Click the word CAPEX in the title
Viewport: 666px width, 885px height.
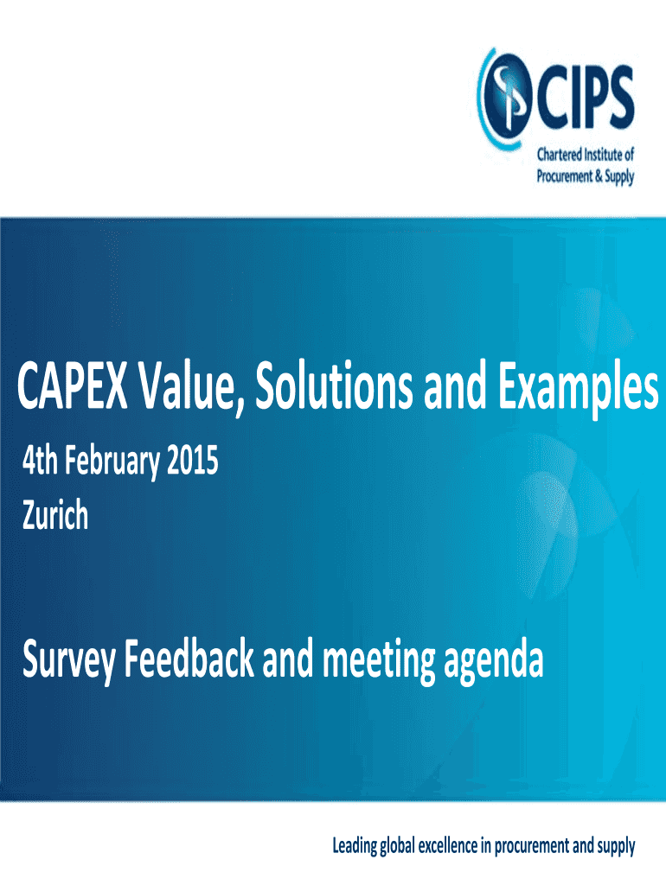[x=73, y=386]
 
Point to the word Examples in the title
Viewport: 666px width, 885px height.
[x=578, y=391]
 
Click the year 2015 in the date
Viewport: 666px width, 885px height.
[x=193, y=461]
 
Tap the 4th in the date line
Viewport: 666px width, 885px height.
[x=40, y=461]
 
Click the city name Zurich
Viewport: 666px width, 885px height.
[x=55, y=514]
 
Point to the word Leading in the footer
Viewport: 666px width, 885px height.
[x=355, y=846]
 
